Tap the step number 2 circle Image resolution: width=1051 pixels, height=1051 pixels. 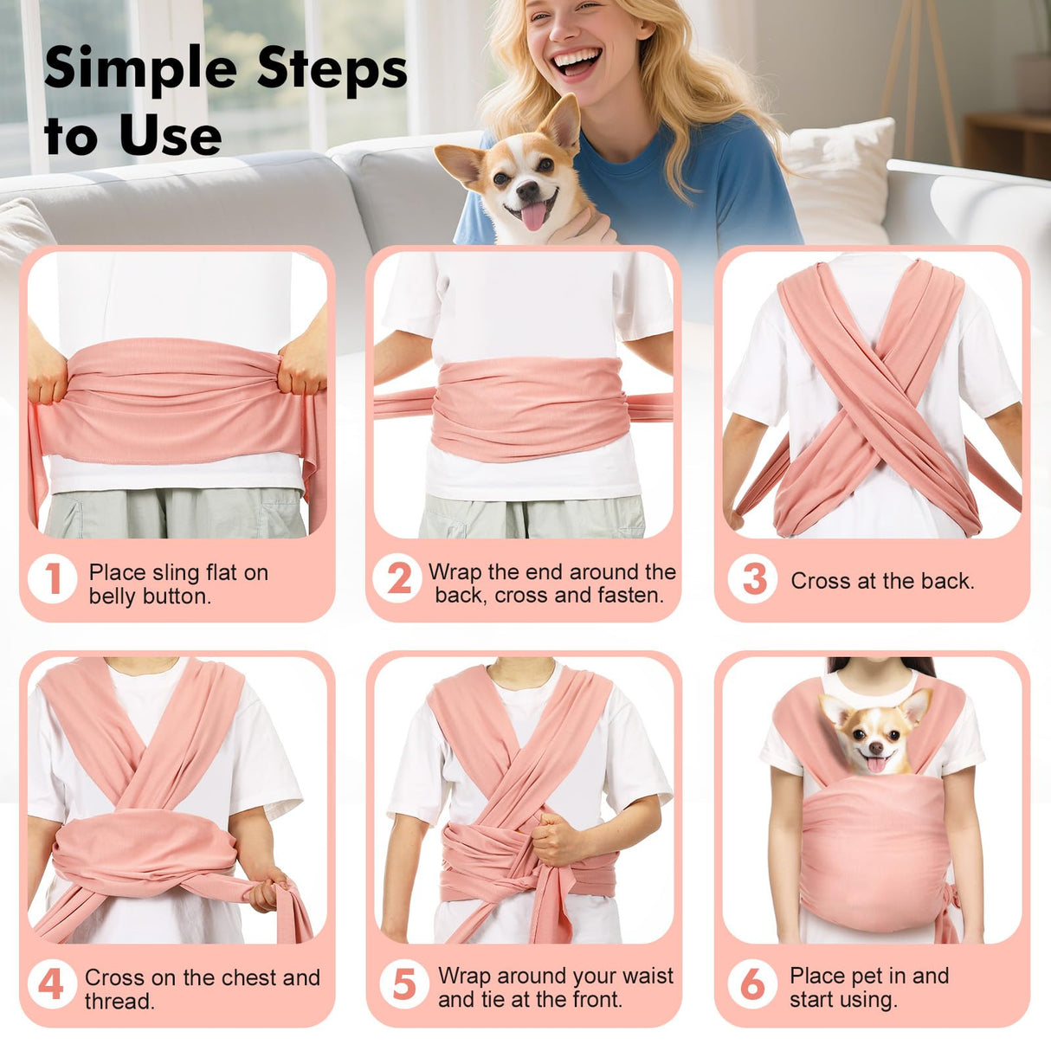tap(398, 578)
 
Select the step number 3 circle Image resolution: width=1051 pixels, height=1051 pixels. tap(753, 579)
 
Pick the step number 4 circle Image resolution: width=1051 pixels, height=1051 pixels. tap(52, 985)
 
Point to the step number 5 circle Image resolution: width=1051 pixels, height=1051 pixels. tap(404, 984)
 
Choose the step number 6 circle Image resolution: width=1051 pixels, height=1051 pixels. tap(752, 984)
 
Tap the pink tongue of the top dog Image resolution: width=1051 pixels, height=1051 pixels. tap(533, 216)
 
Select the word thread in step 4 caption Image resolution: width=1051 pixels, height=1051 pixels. tap(119, 1001)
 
